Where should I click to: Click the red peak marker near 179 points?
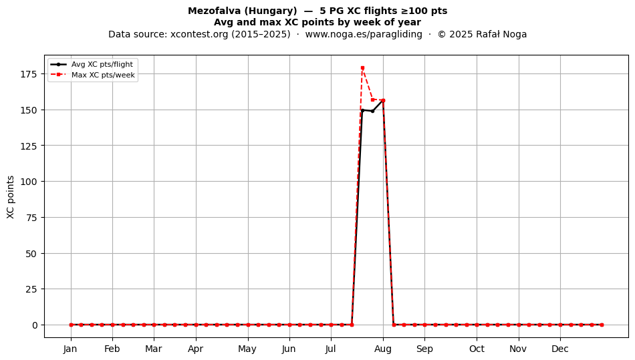362,68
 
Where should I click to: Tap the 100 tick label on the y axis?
28,182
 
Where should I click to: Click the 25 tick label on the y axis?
31,289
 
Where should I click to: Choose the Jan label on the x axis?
70,349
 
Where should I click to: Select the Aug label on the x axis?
383,349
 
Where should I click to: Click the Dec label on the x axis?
560,349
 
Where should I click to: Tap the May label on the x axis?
247,349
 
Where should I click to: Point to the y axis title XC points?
11,198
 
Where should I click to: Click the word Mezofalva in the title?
215,11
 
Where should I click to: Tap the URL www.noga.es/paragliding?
364,34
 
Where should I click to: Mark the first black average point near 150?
362,110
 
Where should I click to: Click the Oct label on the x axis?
477,349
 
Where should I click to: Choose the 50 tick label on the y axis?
31,254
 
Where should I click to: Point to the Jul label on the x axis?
331,349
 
